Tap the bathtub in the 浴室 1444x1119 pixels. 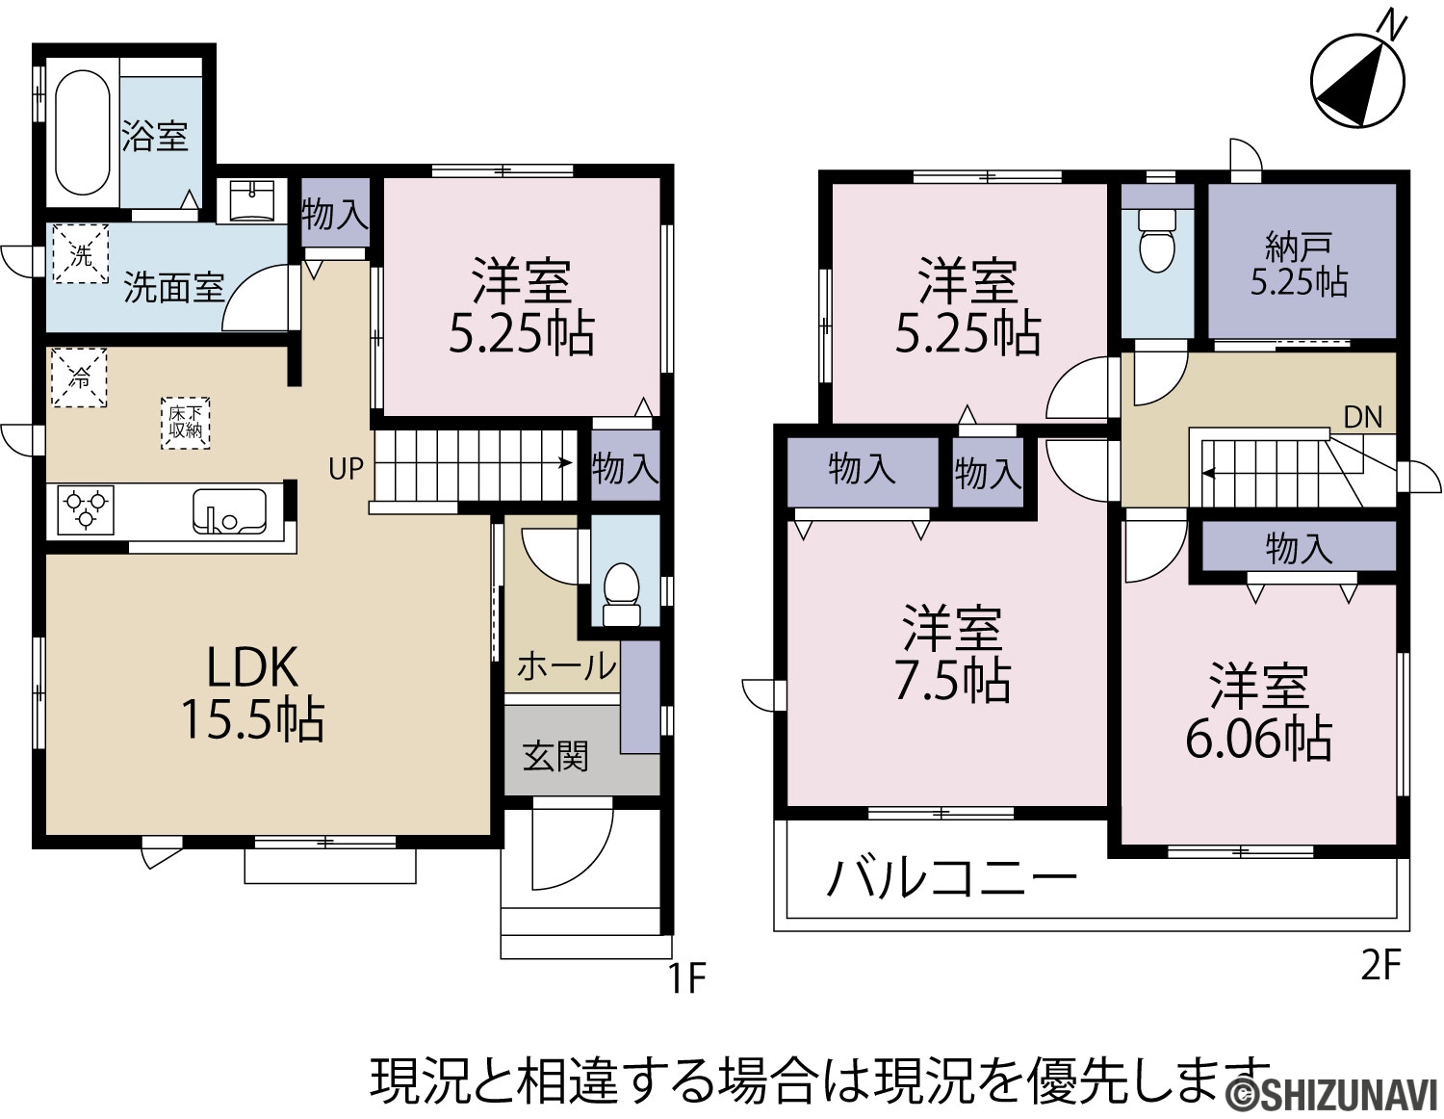[x=83, y=133]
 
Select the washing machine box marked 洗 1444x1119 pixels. [x=81, y=254]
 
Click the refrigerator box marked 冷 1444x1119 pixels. [x=79, y=377]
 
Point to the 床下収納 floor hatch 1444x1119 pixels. [x=186, y=424]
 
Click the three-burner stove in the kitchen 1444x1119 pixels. [x=86, y=509]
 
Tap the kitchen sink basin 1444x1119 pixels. [x=229, y=511]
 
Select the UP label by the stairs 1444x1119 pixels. [x=347, y=469]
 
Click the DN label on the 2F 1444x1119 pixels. [x=1363, y=417]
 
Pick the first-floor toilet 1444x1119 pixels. [x=621, y=593]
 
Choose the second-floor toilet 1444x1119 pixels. [x=1157, y=241]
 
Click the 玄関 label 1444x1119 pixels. [x=555, y=757]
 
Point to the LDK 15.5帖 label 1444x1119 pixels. [x=252, y=693]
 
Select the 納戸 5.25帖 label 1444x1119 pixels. [x=1300, y=265]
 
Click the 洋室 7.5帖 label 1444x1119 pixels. [x=952, y=654]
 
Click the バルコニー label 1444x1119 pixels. [x=951, y=878]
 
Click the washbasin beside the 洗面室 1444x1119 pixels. [x=252, y=200]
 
